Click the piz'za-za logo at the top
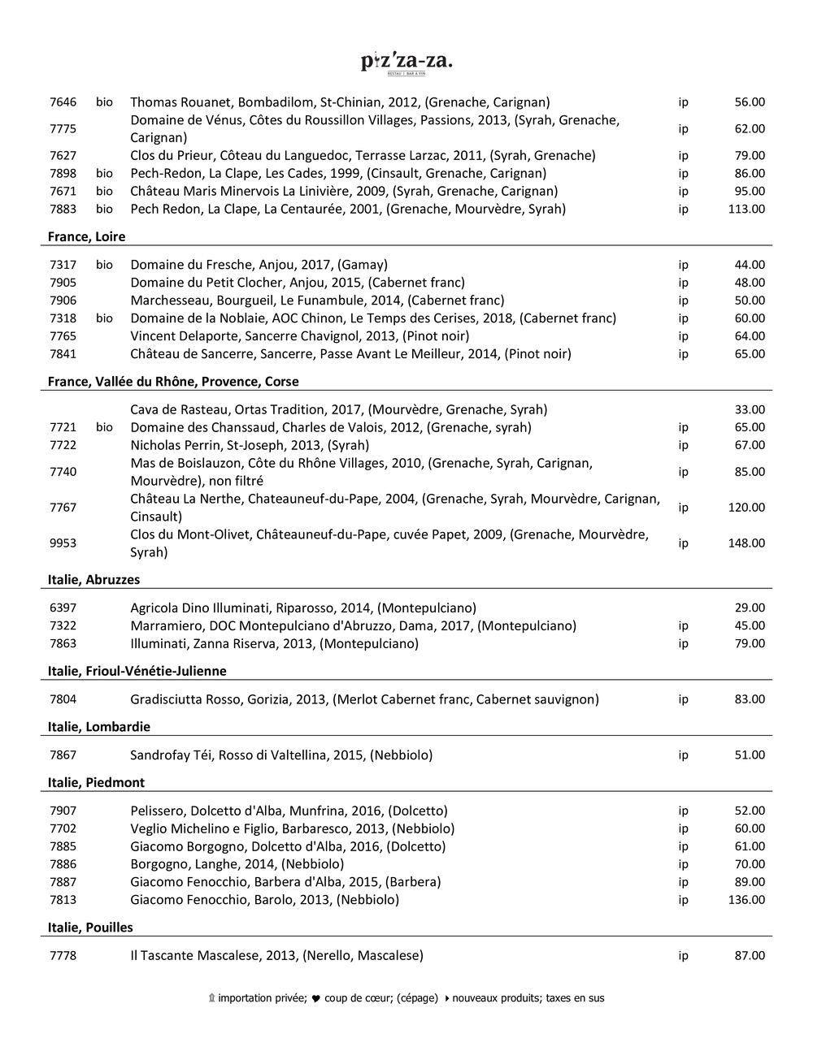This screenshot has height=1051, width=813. click(406, 63)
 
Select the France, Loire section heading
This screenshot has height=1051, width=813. click(86, 236)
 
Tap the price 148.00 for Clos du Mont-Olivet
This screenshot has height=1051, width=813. click(746, 543)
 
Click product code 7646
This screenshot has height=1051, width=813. click(63, 102)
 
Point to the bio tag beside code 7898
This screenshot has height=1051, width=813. click(104, 173)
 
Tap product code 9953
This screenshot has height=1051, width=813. click(63, 543)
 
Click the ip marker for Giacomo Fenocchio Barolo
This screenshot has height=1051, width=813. click(683, 900)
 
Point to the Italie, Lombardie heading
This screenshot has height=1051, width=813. click(99, 726)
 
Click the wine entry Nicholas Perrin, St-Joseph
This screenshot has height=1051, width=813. click(250, 445)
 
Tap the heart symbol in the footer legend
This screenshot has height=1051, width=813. click(316, 998)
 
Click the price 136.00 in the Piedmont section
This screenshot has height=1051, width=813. click(746, 900)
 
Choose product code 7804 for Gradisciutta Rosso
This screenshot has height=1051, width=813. click(63, 699)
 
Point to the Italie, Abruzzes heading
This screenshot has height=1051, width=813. click(93, 579)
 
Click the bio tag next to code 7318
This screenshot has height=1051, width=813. click(104, 318)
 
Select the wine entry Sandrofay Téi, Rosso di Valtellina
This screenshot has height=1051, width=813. click(281, 755)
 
